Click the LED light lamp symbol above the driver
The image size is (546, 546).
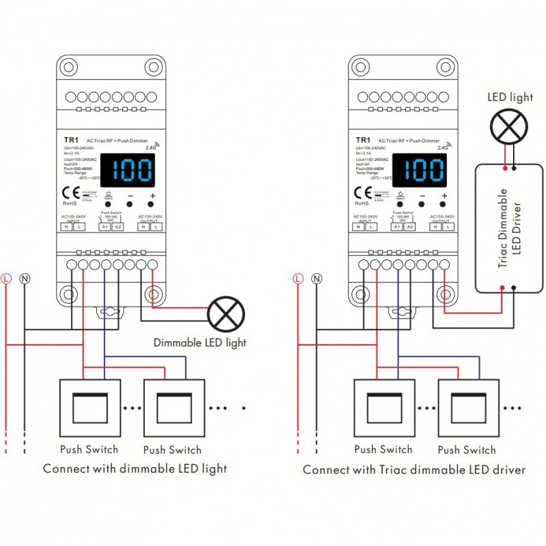[x=510, y=126]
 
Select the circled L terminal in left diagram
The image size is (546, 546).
[x=7, y=278]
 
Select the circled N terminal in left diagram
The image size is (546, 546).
[x=25, y=278]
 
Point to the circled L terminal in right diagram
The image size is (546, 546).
[x=298, y=278]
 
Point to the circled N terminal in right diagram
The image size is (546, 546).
[x=317, y=278]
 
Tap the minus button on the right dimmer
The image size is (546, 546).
[x=422, y=203]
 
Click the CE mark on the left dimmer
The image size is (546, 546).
[x=67, y=191]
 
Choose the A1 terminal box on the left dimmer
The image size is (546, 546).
[x=104, y=227]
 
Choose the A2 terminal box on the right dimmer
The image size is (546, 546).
[x=410, y=227]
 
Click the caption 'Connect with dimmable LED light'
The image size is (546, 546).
[x=135, y=469]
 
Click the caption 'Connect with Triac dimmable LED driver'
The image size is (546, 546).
[x=414, y=470]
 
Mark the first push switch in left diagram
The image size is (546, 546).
[x=89, y=407]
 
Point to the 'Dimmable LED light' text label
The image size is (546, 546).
[x=199, y=342]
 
